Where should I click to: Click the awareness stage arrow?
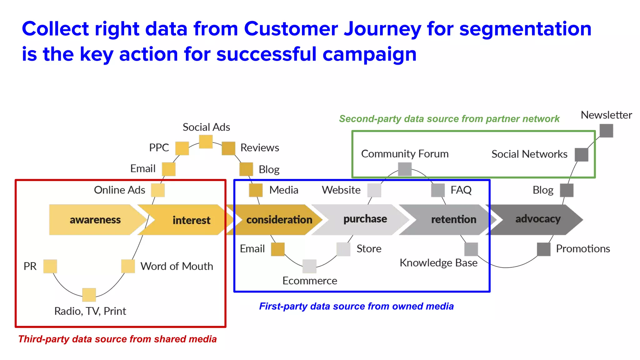click(x=95, y=220)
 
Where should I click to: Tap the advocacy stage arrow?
click(x=537, y=219)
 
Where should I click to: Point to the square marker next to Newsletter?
click(x=606, y=130)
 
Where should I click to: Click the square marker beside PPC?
click(x=182, y=148)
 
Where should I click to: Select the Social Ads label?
click(x=206, y=127)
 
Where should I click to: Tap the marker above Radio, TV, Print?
click(x=89, y=295)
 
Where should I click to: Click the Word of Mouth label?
click(x=177, y=266)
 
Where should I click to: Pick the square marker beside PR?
click(x=50, y=266)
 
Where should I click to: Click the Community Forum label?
click(x=405, y=154)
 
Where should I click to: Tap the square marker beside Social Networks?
click(x=582, y=154)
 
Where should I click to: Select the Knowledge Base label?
click(x=438, y=263)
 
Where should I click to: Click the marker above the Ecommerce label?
click(x=309, y=266)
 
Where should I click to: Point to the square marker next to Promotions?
click(x=544, y=249)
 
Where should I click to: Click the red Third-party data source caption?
click(x=117, y=339)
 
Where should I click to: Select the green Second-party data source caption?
click(x=449, y=119)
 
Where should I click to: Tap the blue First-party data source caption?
click(x=356, y=306)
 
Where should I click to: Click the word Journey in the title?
click(x=382, y=29)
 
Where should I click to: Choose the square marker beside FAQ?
click(x=438, y=190)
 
